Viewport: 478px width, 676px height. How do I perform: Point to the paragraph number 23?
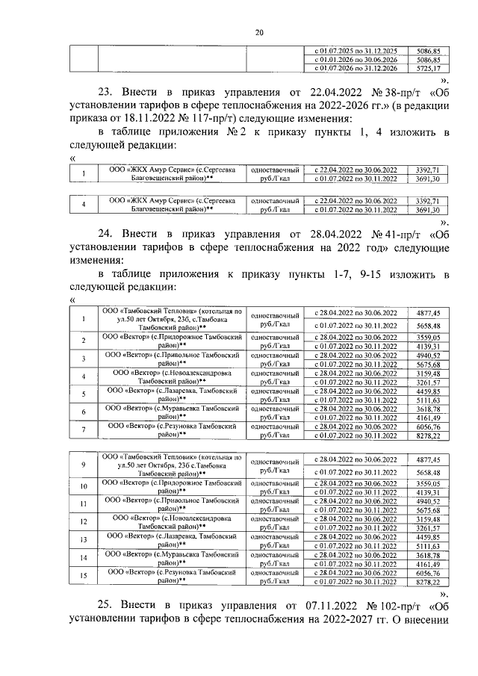(x=107, y=93)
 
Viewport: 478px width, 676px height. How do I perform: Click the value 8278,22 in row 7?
(x=429, y=435)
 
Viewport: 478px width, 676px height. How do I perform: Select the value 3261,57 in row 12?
(x=429, y=527)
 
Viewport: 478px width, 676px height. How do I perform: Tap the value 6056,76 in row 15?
(x=429, y=571)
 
